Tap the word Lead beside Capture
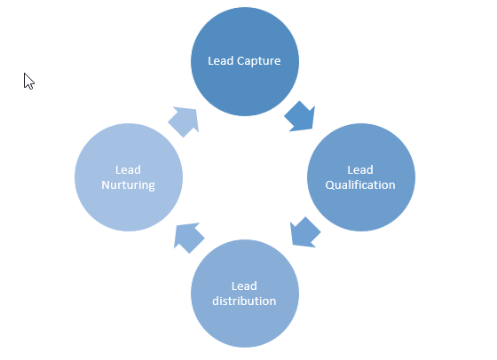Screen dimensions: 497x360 click(221, 61)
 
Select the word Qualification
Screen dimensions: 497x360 click(360, 185)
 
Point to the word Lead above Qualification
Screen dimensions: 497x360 click(360, 170)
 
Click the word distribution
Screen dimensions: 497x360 click(244, 301)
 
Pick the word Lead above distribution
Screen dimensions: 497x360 click(244, 286)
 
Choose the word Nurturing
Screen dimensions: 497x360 click(128, 185)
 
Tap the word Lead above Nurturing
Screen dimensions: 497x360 click(128, 170)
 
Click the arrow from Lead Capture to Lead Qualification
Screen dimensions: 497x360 click(300, 116)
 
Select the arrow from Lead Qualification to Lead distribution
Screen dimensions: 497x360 click(305, 232)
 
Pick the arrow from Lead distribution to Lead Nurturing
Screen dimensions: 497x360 click(189, 239)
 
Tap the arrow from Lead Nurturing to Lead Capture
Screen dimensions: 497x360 click(184, 121)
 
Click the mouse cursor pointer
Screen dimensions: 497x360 click(28, 82)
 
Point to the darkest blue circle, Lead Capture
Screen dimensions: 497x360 click(245, 61)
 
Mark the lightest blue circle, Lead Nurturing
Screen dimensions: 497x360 click(129, 177)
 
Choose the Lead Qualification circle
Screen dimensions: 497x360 click(361, 177)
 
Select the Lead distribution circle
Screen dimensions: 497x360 click(245, 293)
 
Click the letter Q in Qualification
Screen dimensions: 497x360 click(329, 185)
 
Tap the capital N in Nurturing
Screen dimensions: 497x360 click(106, 185)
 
